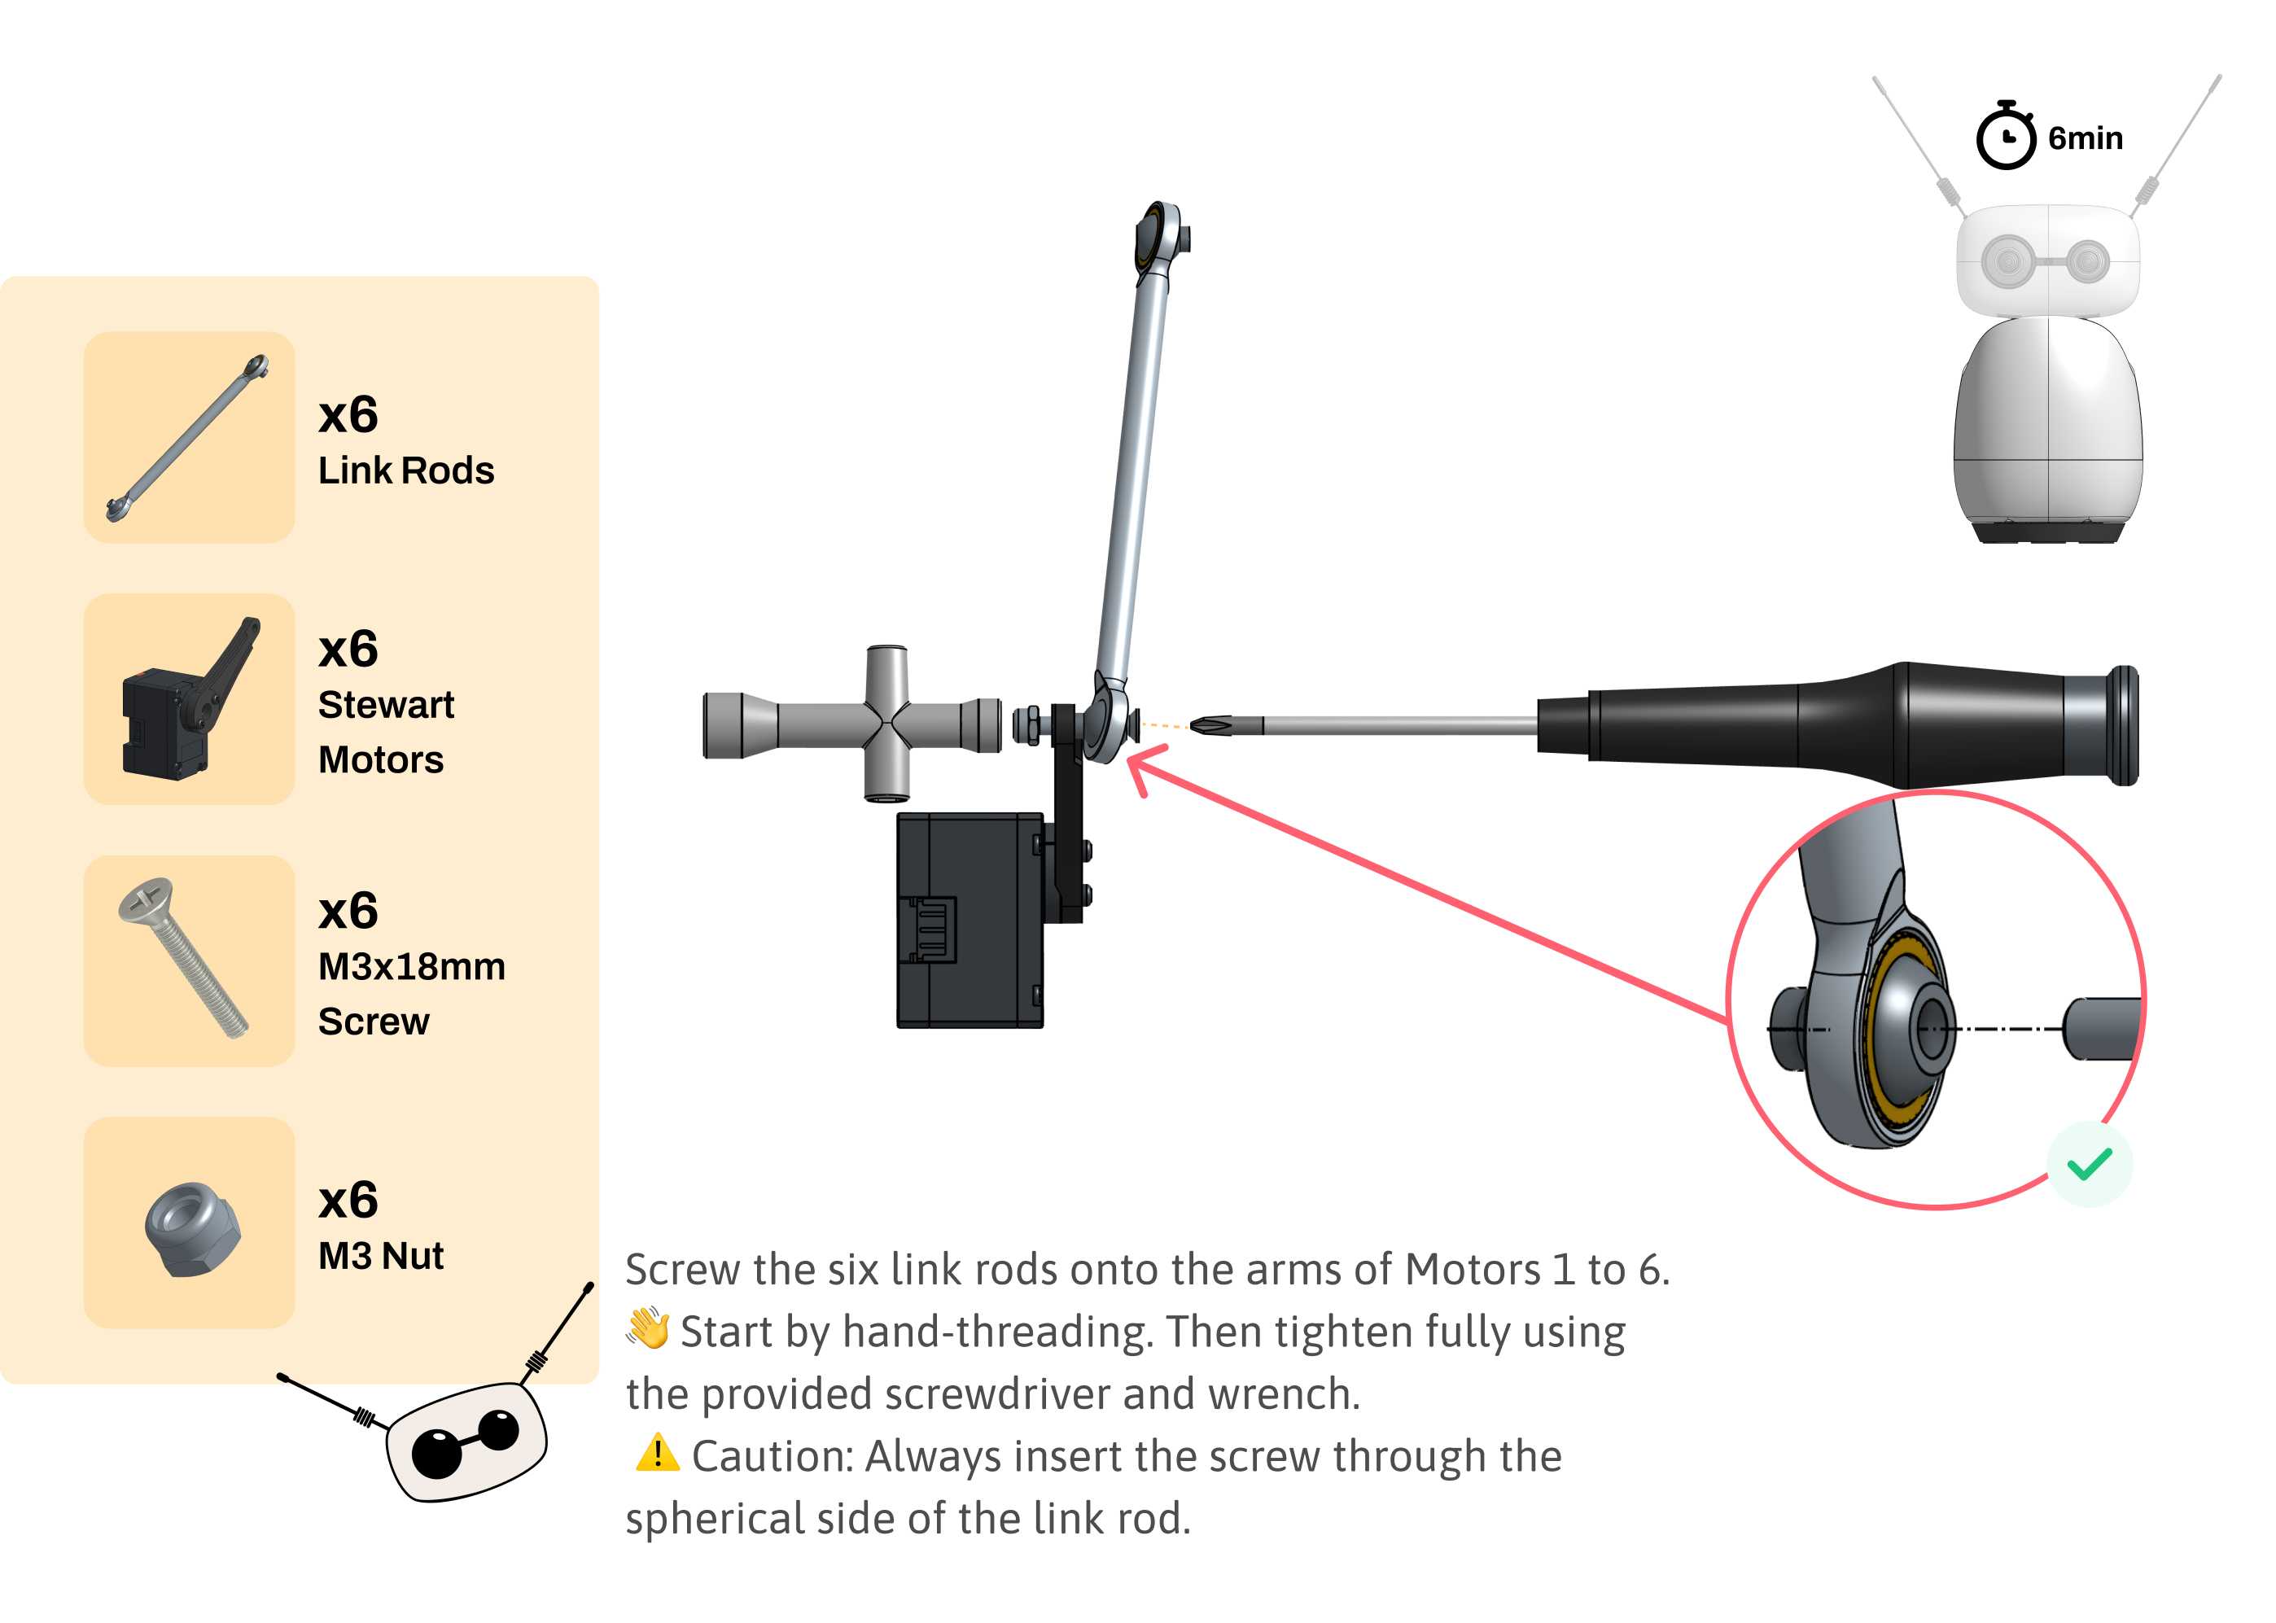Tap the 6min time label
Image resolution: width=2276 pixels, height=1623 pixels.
(2084, 138)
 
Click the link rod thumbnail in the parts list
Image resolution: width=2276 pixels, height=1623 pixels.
(188, 437)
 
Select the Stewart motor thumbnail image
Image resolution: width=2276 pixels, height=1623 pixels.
(190, 697)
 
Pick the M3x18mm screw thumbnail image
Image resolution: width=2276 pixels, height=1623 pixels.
(183, 957)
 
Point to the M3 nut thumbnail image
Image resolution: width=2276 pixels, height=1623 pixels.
(192, 1228)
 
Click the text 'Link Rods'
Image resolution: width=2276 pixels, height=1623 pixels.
(406, 470)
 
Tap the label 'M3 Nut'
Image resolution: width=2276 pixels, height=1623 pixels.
(381, 1255)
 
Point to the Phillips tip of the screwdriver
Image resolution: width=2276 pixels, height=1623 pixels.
(1210, 724)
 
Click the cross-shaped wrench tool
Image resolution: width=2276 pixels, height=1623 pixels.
(851, 724)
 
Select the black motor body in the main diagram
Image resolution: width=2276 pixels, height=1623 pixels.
(969, 920)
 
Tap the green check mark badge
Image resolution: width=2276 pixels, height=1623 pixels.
(2089, 1163)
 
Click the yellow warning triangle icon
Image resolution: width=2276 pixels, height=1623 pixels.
(657, 1453)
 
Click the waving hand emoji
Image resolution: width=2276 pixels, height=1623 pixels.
(648, 1328)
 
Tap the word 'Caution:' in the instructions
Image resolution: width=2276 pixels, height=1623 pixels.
(773, 1456)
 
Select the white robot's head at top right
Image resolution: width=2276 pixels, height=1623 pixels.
(2047, 262)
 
